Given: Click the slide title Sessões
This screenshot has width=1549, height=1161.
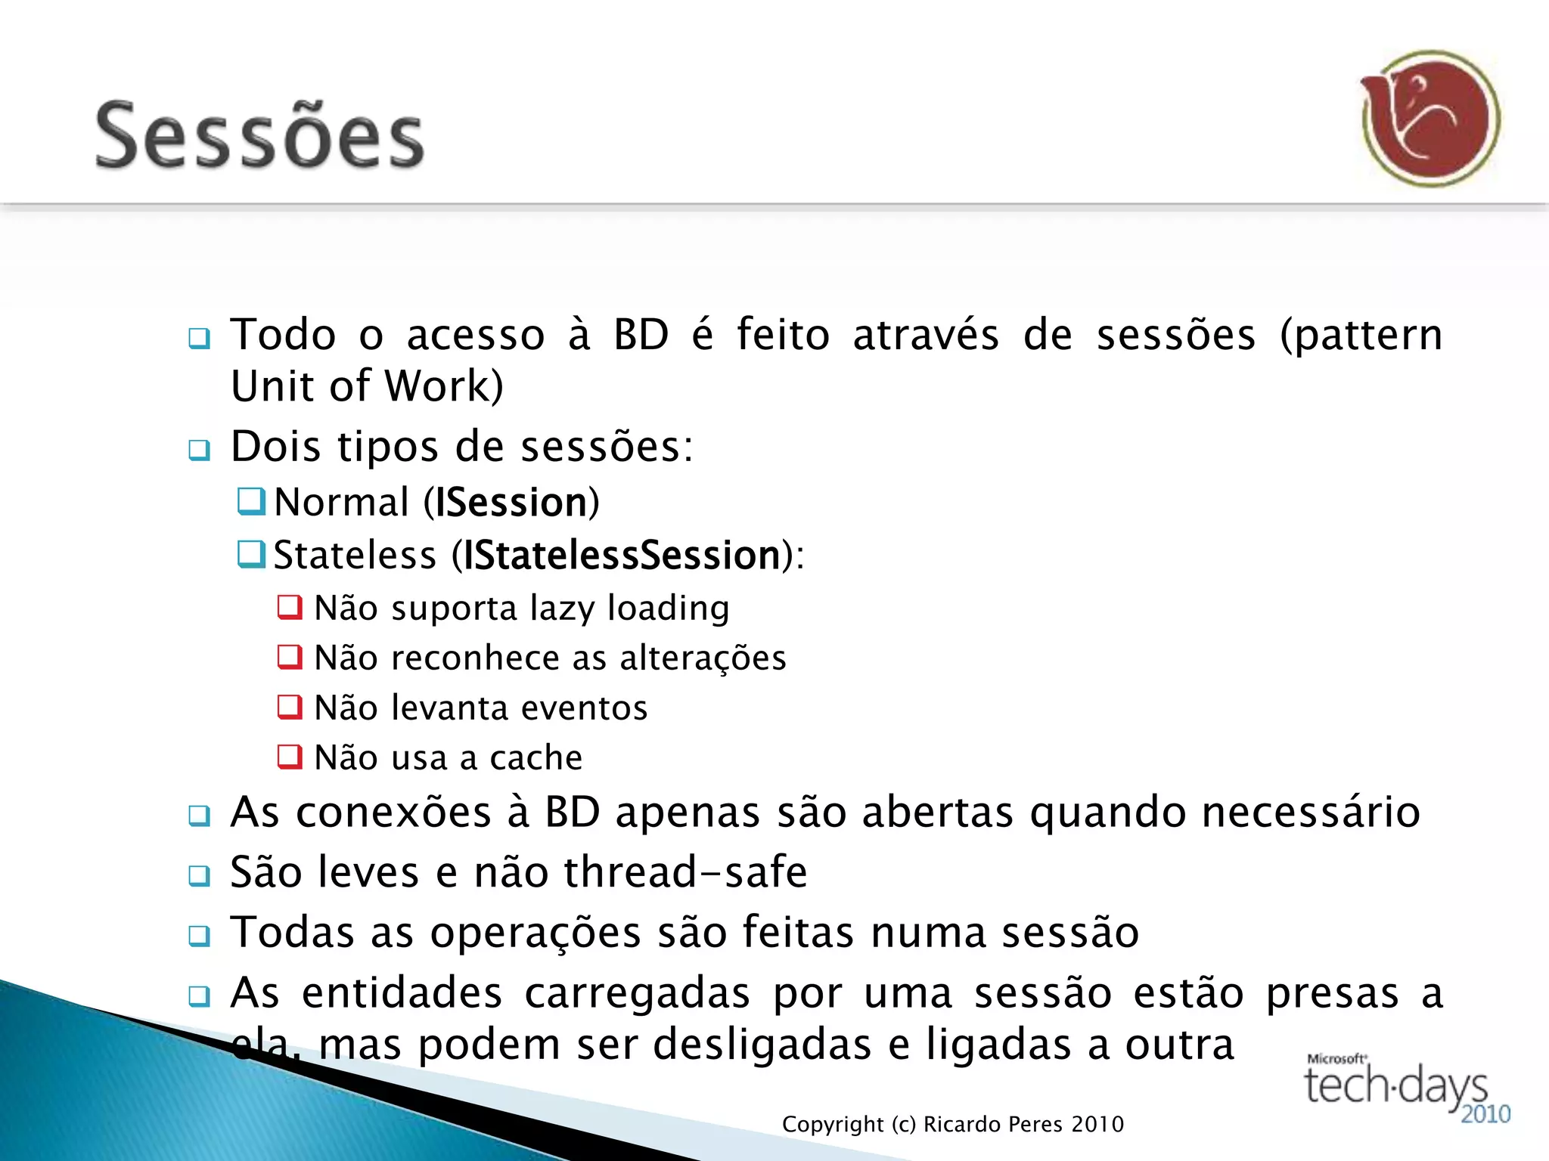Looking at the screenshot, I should (x=259, y=136).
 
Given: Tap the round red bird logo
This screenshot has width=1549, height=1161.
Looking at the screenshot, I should (x=1430, y=119).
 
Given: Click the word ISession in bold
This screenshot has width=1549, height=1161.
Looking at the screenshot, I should (x=511, y=503).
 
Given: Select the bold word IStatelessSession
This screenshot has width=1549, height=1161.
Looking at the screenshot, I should (x=621, y=556).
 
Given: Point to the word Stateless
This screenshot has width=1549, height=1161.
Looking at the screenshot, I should (x=355, y=556).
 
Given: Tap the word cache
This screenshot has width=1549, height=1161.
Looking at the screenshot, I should (x=535, y=758).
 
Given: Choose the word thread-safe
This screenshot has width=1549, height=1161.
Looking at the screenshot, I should (x=685, y=872).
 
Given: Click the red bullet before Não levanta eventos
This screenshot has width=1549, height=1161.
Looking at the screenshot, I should (x=290, y=707).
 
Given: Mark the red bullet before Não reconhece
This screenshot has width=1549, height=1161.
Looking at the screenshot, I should (x=290, y=657).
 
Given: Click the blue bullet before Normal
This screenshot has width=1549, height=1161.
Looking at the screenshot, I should (x=251, y=501).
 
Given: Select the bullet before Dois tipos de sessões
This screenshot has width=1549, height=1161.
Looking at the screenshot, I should (x=199, y=450).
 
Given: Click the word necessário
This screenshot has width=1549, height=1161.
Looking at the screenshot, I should (x=1311, y=813).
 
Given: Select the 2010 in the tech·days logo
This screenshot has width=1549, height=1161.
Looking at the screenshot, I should (x=1485, y=1114).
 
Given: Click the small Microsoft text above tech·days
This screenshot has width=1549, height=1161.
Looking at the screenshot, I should (x=1336, y=1059).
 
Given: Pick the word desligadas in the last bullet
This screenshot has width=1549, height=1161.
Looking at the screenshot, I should (x=762, y=1045).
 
